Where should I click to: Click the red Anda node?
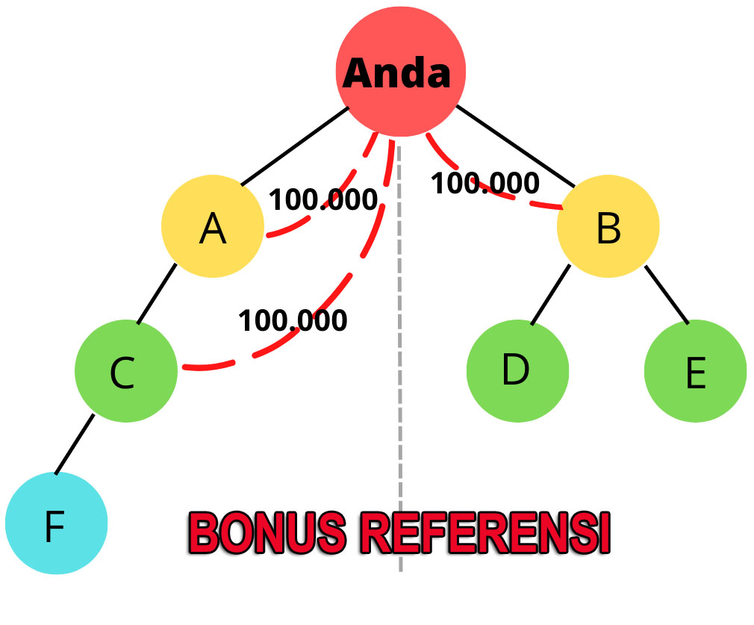401,72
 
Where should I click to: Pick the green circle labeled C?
125,371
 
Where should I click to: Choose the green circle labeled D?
517,370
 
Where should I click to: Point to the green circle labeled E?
694,371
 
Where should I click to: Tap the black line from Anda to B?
515,146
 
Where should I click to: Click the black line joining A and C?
157,293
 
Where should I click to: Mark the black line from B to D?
550,295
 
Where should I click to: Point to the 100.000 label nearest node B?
485,183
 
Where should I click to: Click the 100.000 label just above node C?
293,320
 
